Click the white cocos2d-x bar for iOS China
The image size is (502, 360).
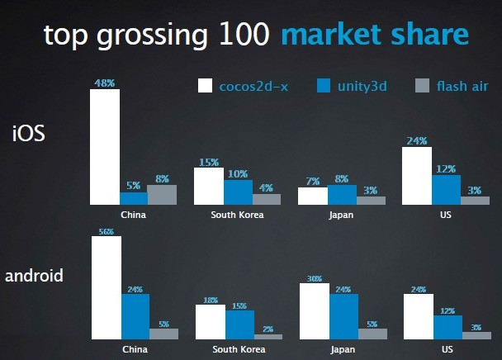coord(105,147)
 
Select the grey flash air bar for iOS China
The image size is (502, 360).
coord(162,195)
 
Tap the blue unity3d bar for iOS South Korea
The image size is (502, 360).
coord(238,192)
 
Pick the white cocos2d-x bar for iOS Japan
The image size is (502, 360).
coord(313,196)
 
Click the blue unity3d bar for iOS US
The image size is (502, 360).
coord(447,190)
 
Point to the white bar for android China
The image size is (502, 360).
coord(107,287)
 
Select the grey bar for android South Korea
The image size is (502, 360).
coord(268,337)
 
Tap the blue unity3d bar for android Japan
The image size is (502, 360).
coord(343,317)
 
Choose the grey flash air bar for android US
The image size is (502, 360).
coord(476,336)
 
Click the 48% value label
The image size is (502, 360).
coord(105,83)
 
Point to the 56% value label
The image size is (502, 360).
coord(107,231)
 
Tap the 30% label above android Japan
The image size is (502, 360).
coord(315,278)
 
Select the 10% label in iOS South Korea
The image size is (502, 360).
coord(238,174)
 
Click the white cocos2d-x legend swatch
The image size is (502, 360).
coord(205,86)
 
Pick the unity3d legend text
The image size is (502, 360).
coord(362,87)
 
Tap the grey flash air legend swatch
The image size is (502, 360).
coord(422,86)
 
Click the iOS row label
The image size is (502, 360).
coord(29,133)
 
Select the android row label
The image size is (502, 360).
coord(34,276)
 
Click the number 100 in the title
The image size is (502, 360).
coord(244,34)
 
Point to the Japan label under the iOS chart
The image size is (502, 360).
coord(341,215)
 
